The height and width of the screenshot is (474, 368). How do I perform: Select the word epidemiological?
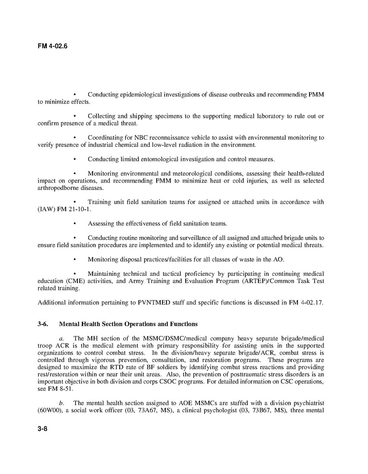[x=142, y=95]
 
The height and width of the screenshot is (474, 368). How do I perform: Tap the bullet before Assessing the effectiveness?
[x=75, y=224]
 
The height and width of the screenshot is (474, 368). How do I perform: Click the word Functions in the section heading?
[x=184, y=324]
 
